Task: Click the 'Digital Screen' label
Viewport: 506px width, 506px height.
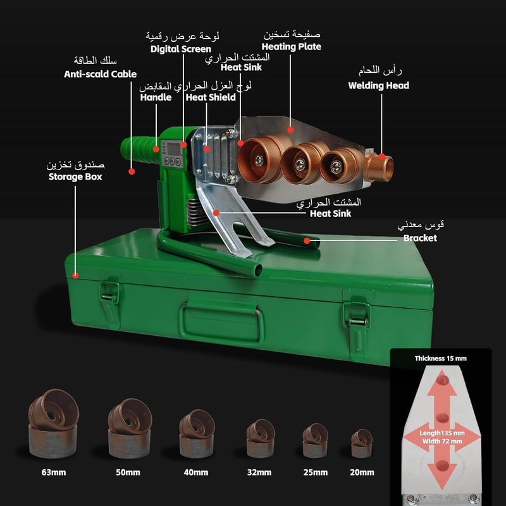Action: coord(181,49)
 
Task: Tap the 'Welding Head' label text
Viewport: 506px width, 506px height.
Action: coord(378,85)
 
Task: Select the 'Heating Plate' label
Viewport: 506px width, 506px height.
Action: coord(292,47)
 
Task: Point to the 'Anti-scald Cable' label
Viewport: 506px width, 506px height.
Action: coord(101,74)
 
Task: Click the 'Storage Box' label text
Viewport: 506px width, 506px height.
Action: coord(75,177)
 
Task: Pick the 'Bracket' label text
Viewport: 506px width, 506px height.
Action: coord(420,238)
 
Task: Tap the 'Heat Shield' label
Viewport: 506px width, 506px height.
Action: coord(211,97)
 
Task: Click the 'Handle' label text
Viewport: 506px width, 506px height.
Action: coord(156,97)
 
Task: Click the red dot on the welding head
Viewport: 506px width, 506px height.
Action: coord(382,156)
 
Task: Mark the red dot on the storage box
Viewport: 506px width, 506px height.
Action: coord(75,276)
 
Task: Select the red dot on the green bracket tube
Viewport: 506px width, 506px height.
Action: coord(307,241)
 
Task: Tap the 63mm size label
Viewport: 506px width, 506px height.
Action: coord(54,472)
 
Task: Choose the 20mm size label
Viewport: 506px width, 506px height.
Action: coord(362,472)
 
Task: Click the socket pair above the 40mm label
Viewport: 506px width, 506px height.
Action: coord(197,433)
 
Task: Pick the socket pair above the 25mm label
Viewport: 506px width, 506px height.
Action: coord(315,440)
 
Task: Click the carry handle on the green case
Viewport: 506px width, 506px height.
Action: coord(221,323)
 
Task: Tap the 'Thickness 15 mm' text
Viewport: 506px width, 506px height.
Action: coord(440,359)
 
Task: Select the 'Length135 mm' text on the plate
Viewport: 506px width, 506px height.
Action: coord(442,433)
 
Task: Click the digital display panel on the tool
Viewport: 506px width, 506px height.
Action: coord(173,154)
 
